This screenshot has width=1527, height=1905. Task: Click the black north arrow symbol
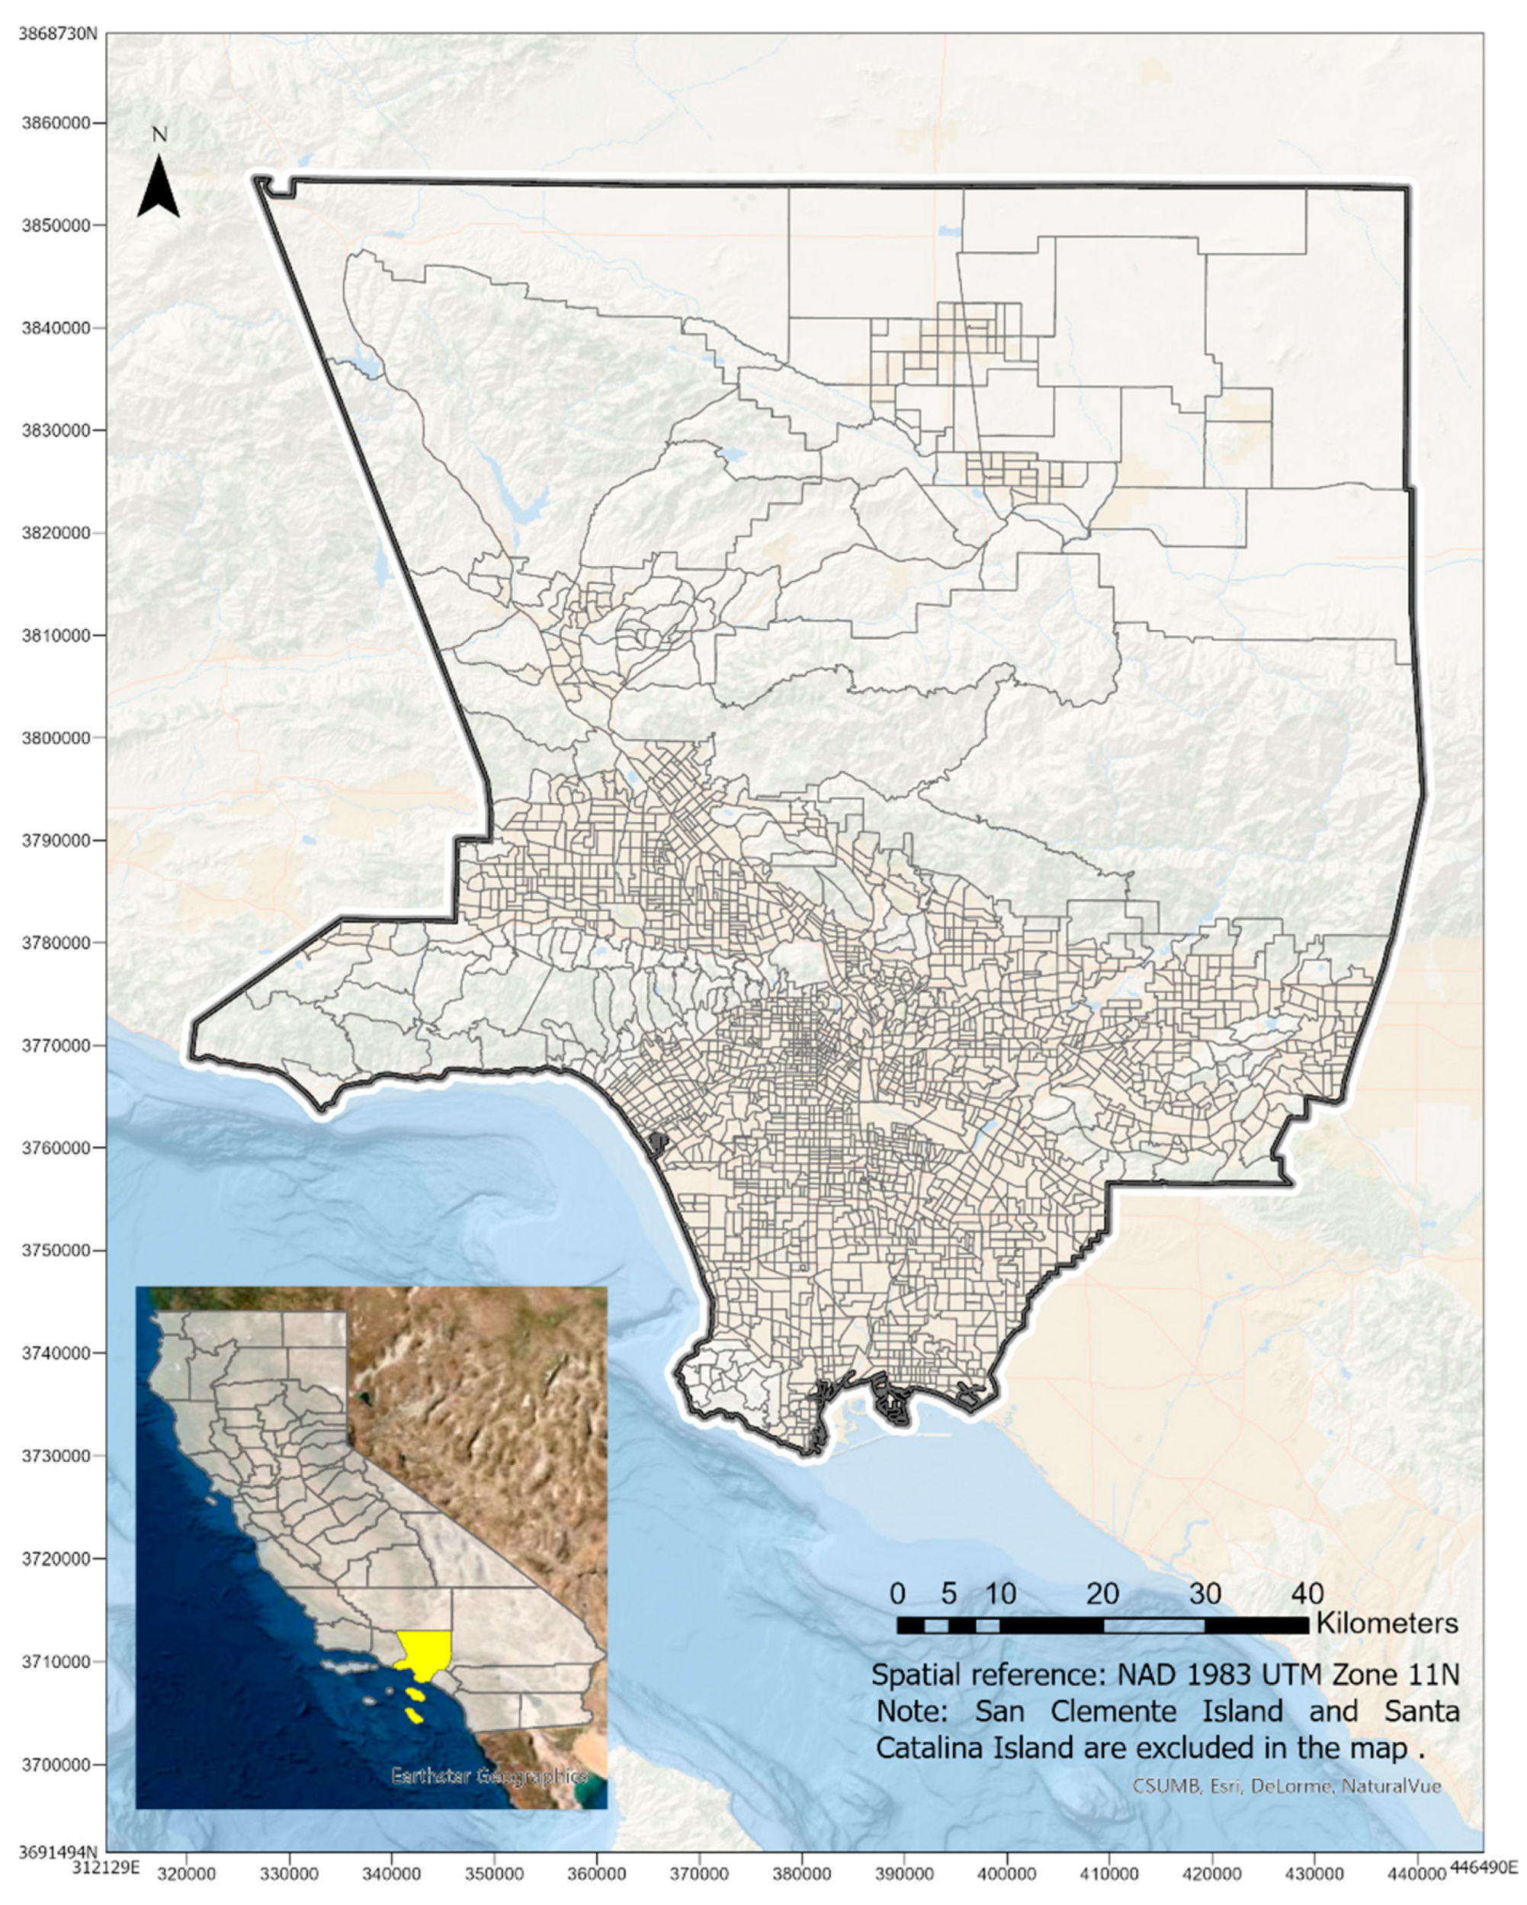tap(159, 188)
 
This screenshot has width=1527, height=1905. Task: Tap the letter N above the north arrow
tap(159, 135)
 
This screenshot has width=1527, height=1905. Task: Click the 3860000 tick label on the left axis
tap(56, 123)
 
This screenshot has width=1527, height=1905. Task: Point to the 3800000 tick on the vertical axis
tap(56, 737)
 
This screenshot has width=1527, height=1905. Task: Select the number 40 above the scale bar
tap(1307, 1594)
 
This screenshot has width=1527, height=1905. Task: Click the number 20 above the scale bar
tap(1102, 1594)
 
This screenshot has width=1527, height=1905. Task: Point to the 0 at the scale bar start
tap(897, 1594)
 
